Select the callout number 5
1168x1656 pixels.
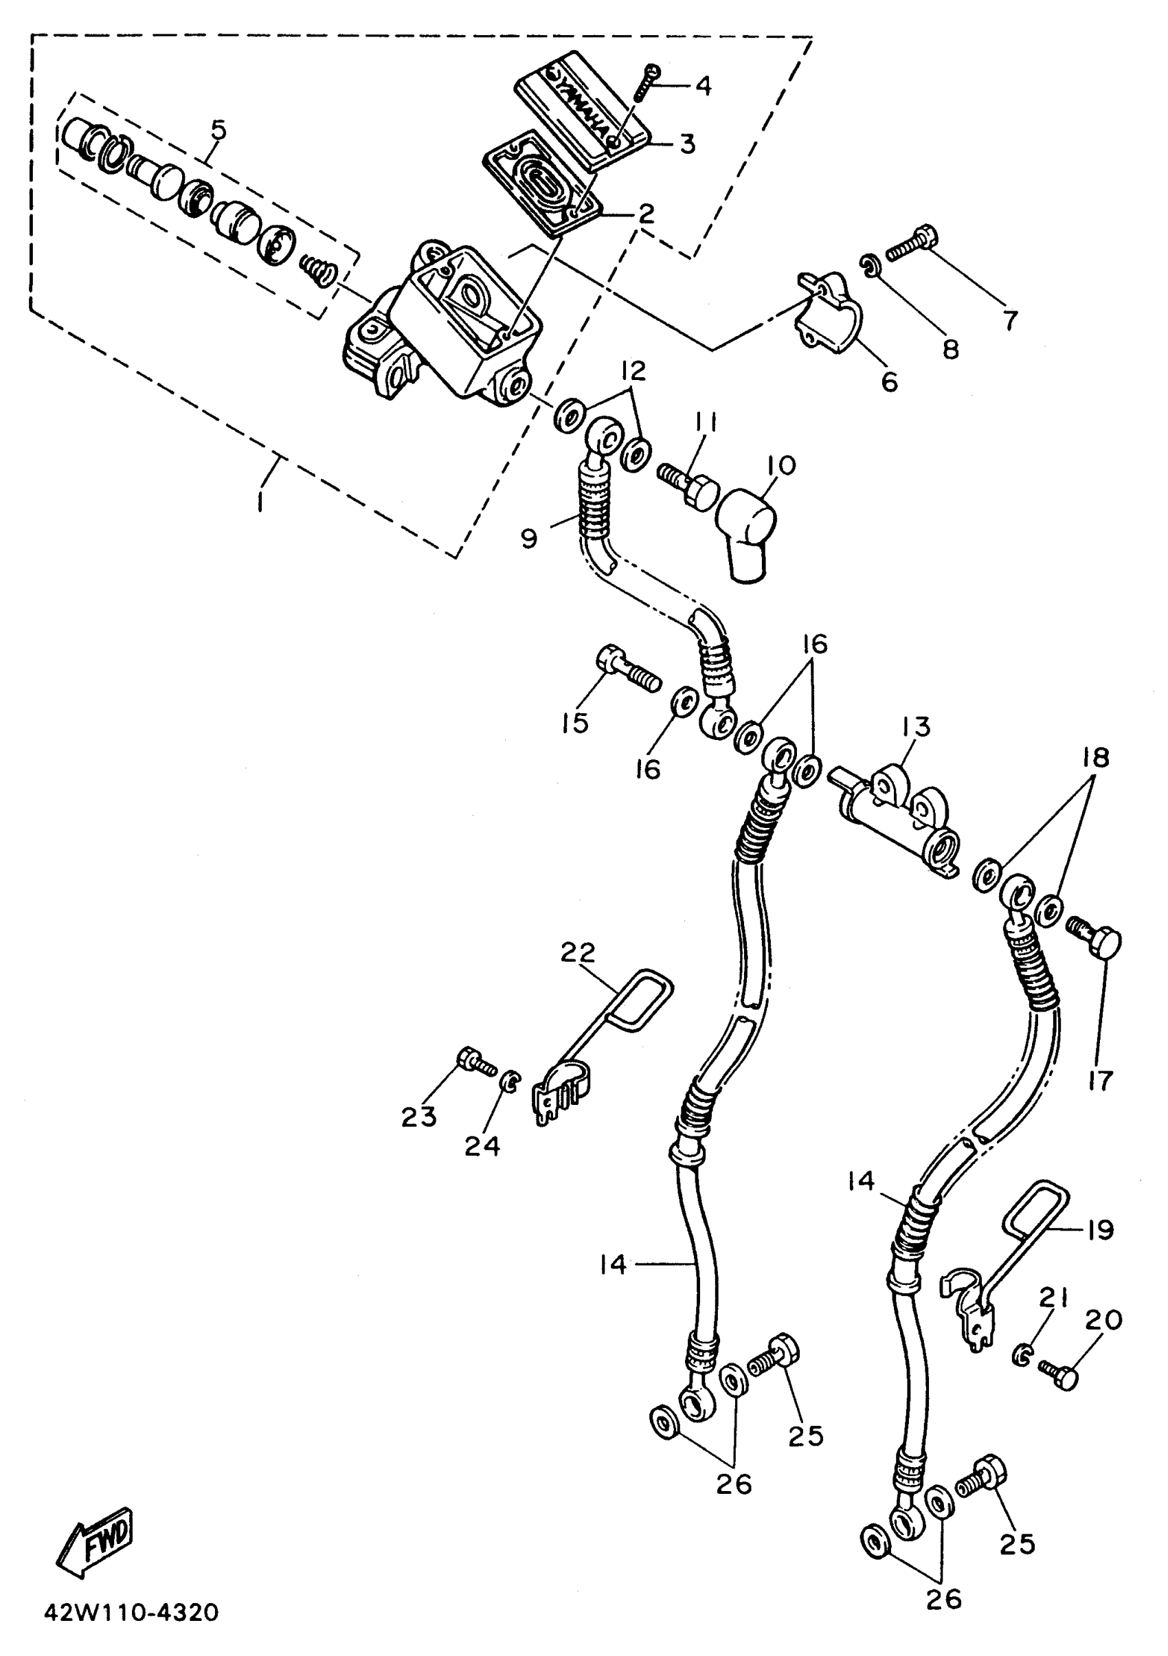pyautogui.click(x=218, y=131)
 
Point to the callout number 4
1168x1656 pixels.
pyautogui.click(x=703, y=86)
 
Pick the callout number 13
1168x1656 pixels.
pyautogui.click(x=917, y=726)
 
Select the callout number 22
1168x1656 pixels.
pyautogui.click(x=579, y=953)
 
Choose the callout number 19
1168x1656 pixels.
pyautogui.click(x=1100, y=1230)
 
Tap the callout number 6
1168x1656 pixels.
pyautogui.click(x=890, y=381)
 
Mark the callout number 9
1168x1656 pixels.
pyautogui.click(x=530, y=538)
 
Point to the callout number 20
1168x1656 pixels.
pyautogui.click(x=1103, y=1321)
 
